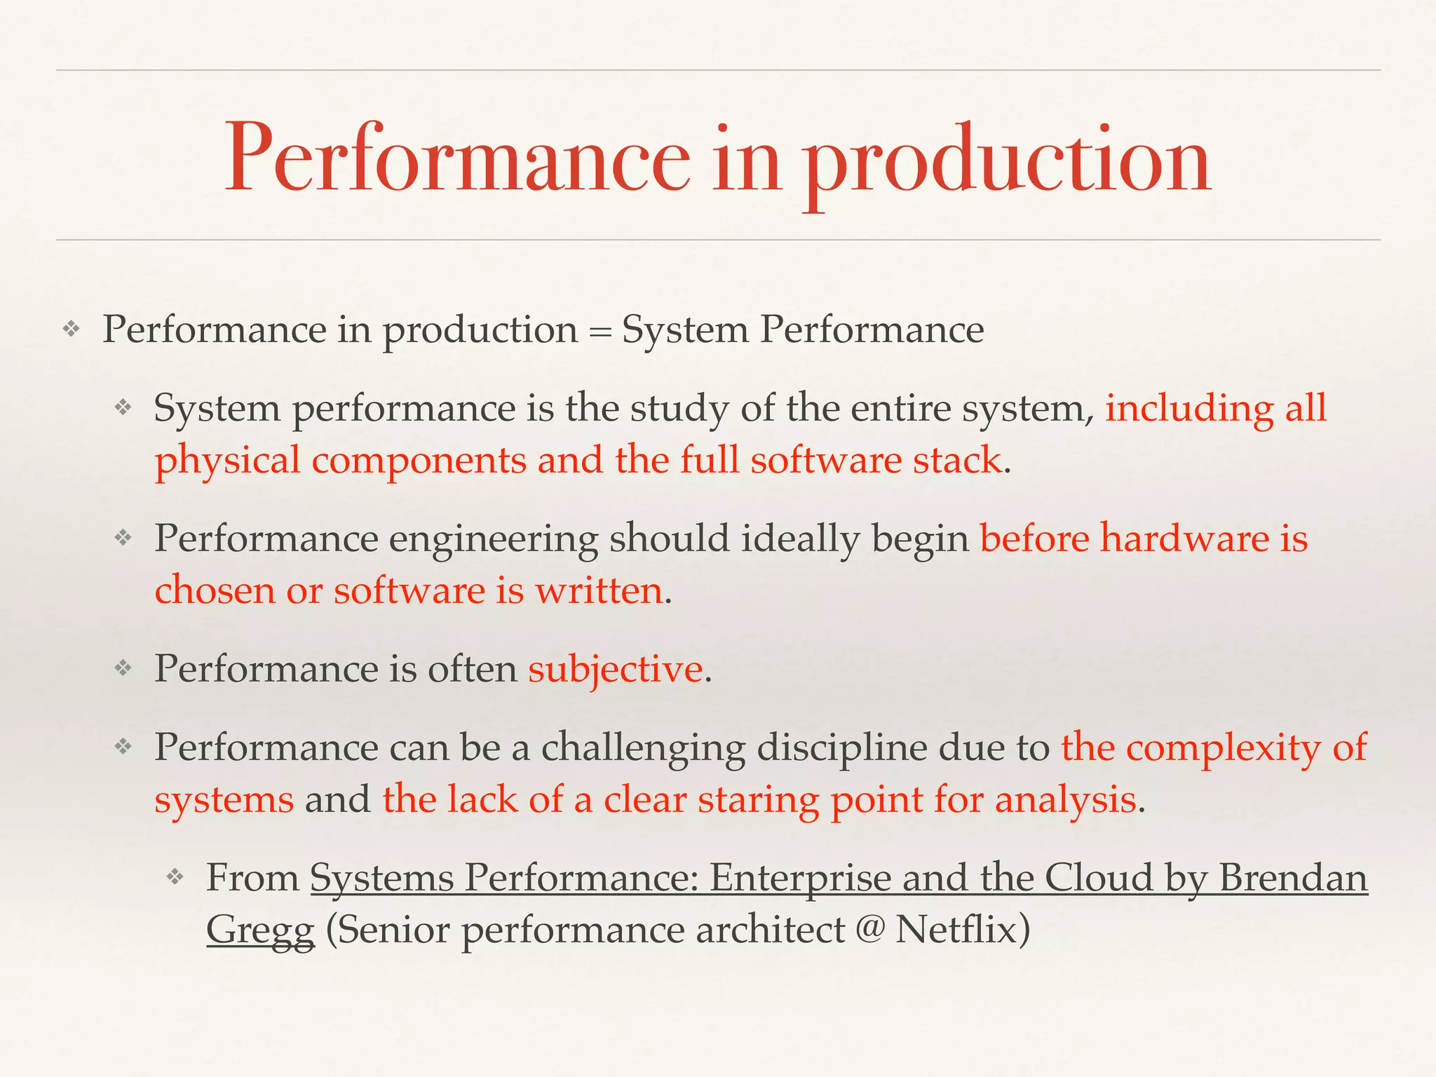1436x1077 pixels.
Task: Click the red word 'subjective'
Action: tap(615, 669)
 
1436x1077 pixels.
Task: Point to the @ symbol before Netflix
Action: tap(869, 930)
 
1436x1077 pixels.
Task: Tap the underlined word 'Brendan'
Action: tap(1293, 878)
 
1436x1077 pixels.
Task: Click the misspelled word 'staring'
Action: tap(758, 800)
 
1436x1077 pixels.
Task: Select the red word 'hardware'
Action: tap(1184, 539)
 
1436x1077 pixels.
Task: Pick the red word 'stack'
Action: tap(956, 461)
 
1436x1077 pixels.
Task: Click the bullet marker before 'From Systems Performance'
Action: tap(175, 876)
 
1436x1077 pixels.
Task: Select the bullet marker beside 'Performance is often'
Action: tap(123, 668)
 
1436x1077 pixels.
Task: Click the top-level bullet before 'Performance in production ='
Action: tap(72, 329)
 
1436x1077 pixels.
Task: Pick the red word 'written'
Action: tap(599, 591)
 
